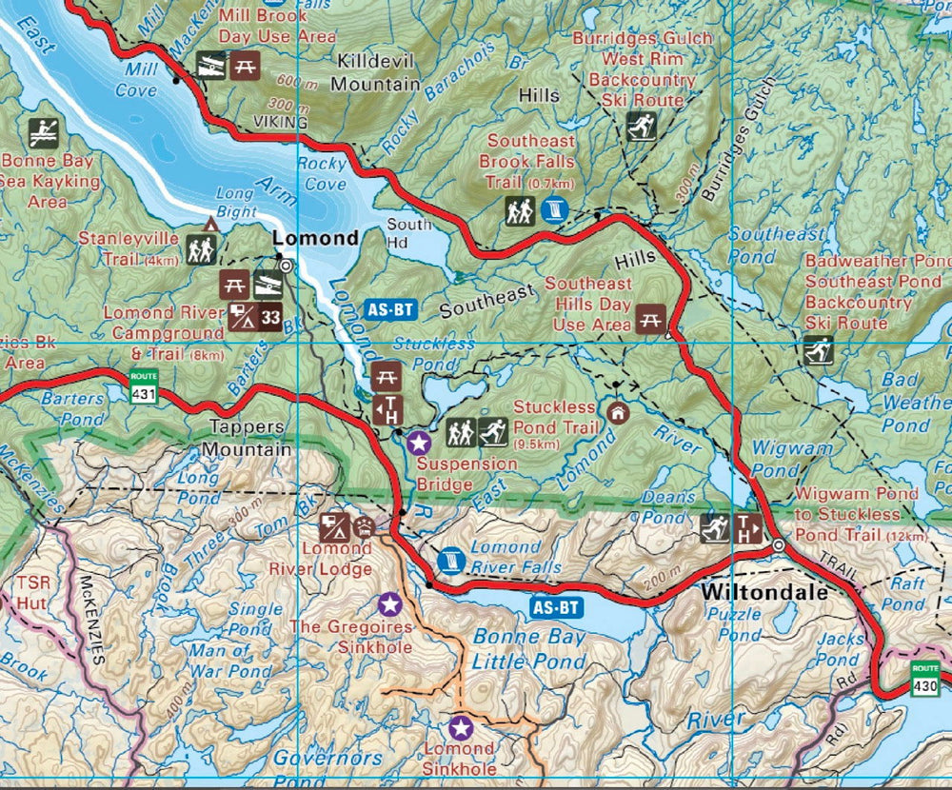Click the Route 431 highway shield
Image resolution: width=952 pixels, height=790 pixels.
(145, 386)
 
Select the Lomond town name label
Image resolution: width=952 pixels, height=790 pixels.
(315, 237)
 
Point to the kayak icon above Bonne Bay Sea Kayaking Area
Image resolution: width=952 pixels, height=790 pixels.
(44, 133)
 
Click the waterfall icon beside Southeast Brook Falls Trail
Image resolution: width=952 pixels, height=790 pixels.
(555, 210)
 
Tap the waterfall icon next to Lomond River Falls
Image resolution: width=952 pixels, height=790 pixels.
(452, 560)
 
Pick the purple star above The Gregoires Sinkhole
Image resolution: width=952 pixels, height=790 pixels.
(388, 602)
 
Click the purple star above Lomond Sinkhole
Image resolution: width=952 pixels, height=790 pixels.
(461, 728)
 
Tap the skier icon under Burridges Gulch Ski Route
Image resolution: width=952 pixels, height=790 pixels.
(641, 126)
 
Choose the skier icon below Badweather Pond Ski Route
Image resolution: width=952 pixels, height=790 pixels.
(819, 349)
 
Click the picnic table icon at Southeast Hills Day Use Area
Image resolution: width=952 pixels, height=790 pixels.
(651, 320)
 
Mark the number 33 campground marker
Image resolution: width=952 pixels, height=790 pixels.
(270, 318)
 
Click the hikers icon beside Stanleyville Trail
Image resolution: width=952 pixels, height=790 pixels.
(202, 249)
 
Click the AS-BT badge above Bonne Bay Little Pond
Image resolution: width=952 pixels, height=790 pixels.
(556, 606)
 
